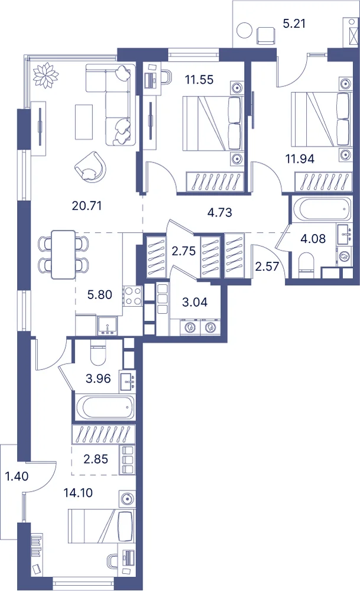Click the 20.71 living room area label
[87, 206]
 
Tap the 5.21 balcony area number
[294, 24]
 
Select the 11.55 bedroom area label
[199, 80]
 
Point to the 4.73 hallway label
[220, 212]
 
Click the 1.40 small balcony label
[17, 476]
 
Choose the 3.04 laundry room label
[194, 302]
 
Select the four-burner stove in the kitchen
[132, 295]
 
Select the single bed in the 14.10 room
[100, 526]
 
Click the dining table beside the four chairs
[63, 255]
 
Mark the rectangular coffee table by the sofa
[84, 121]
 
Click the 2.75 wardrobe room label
[184, 251]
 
